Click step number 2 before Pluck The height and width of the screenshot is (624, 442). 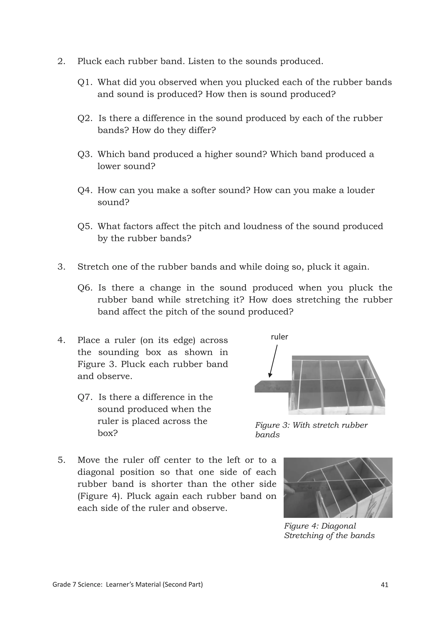(61, 61)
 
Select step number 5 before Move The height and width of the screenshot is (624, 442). (61, 460)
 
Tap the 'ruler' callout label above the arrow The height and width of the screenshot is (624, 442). (279, 337)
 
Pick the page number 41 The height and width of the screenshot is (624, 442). (384, 585)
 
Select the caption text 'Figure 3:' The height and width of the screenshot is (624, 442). (272, 425)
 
